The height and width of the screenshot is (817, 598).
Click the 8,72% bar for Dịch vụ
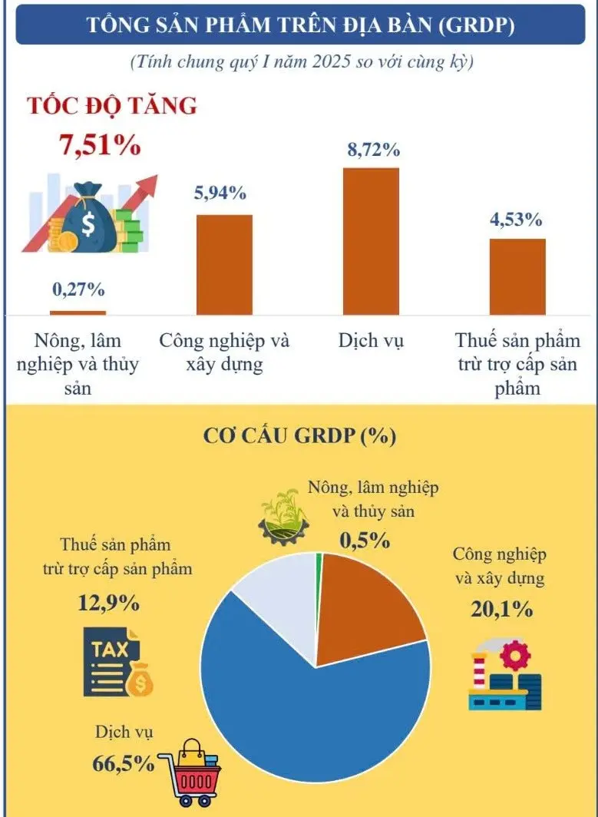371,241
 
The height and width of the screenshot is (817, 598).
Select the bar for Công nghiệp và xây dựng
224,265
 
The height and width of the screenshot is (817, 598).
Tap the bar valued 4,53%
517,276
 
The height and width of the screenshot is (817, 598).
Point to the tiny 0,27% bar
78,313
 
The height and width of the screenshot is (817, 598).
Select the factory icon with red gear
505,676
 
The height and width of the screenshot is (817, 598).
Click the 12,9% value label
108,603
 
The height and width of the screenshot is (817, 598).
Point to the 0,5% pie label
365,540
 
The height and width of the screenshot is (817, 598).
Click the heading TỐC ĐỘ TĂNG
112,106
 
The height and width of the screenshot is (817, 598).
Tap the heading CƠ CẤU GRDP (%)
299,436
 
